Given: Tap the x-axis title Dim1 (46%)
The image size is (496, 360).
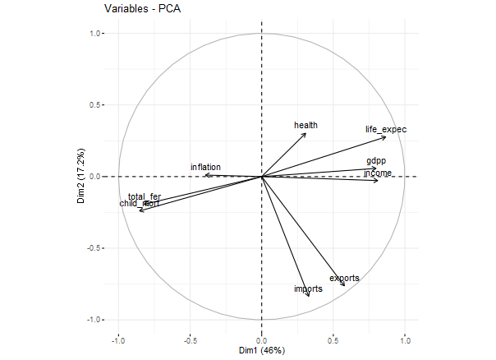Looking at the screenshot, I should (261, 351).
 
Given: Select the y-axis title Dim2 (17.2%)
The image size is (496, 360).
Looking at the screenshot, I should (80, 176).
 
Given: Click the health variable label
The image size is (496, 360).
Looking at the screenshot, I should (305, 126).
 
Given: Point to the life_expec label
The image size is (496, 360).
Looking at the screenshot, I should (386, 130).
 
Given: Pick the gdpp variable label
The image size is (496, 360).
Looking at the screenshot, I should (376, 161).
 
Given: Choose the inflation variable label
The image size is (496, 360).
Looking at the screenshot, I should (205, 168).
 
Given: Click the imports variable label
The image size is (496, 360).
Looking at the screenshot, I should (308, 289).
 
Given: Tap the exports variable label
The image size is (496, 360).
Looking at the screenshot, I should (344, 279).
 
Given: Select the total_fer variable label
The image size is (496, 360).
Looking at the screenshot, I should (145, 196).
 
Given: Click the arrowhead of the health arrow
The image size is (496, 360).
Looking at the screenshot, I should (305, 133).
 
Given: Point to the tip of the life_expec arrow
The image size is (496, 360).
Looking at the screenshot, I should (385, 136).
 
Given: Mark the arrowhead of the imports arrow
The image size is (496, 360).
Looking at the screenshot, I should (309, 296).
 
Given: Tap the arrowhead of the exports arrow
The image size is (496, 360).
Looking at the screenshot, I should (345, 285).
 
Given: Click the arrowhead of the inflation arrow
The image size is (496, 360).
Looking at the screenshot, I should (205, 175).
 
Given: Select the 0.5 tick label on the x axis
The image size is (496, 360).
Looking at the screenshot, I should (333, 339).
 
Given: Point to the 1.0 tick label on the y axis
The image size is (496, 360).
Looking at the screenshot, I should (93, 34).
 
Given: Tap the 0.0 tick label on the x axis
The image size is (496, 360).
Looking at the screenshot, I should (261, 339).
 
